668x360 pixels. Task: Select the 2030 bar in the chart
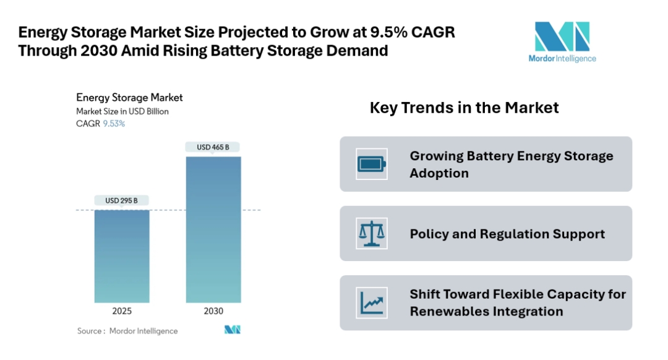point(213,229)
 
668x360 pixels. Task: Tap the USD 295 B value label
point(121,200)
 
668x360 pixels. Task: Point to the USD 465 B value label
point(213,147)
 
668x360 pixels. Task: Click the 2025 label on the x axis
point(121,311)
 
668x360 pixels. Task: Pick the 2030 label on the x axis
point(213,311)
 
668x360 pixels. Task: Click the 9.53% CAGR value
point(114,124)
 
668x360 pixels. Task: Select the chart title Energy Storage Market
point(129,98)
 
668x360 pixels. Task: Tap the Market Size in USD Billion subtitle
point(122,111)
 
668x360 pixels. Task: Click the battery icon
point(372,164)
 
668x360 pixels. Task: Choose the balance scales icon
point(372,233)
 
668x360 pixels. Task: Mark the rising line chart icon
point(372,303)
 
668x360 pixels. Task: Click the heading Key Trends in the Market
point(464,108)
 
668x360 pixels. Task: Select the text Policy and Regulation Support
point(507,234)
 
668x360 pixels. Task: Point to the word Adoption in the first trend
point(439,173)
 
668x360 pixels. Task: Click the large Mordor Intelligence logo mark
point(562,36)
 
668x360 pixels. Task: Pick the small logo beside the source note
point(232,330)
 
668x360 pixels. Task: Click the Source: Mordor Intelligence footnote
point(127,331)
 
